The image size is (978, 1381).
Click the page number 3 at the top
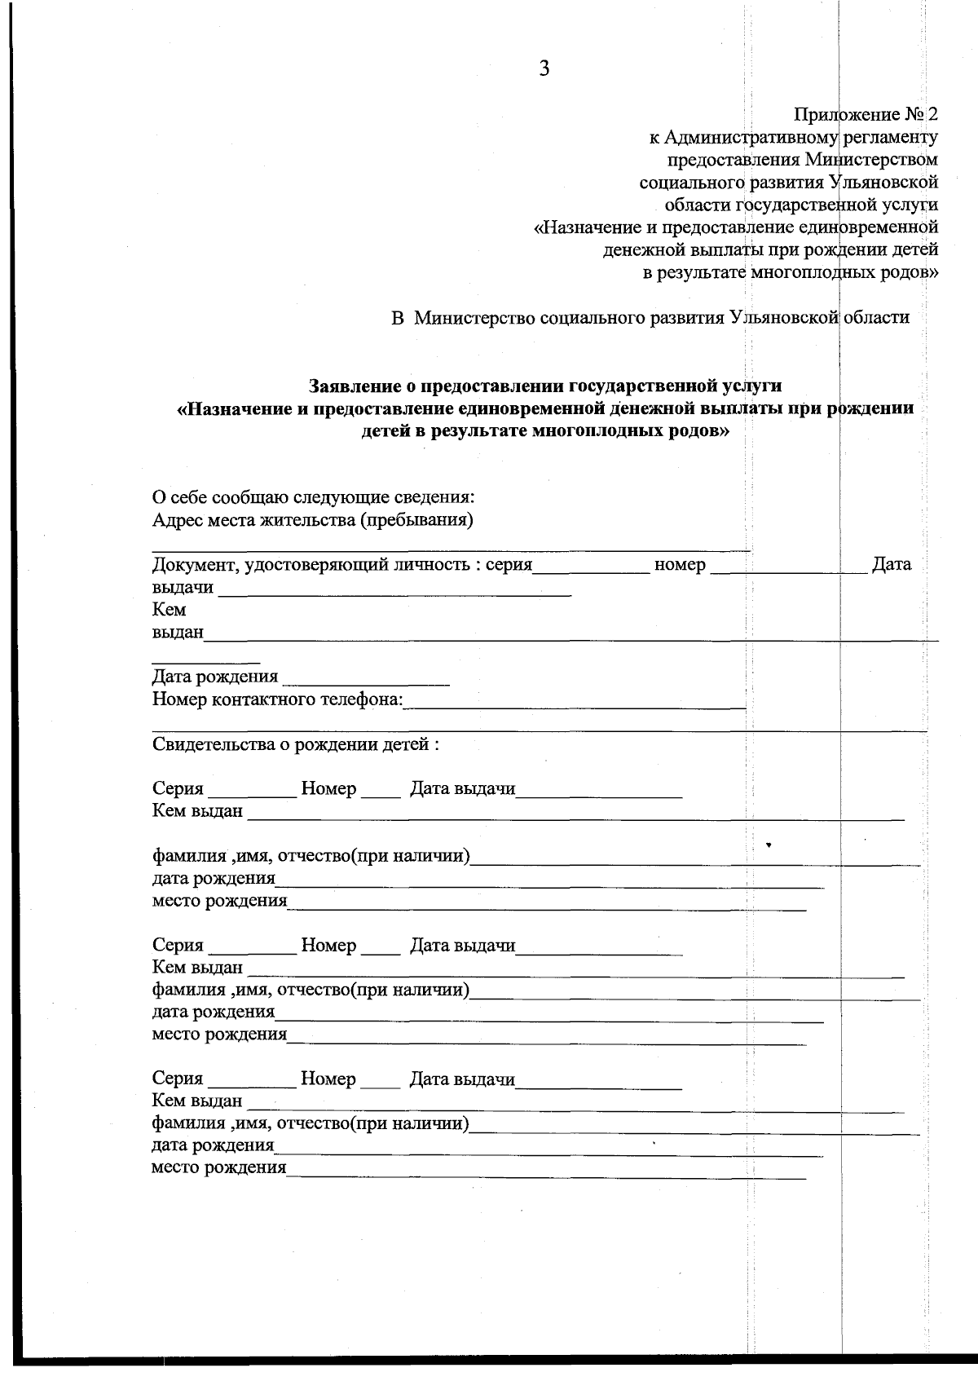pyautogui.click(x=544, y=69)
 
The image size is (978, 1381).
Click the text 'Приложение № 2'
pyautogui.click(x=865, y=114)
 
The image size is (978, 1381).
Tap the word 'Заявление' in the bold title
pyautogui.click(x=356, y=386)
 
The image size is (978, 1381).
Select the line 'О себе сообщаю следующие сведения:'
pyautogui.click(x=314, y=497)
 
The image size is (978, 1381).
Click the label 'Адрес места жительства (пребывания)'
pyautogui.click(x=313, y=520)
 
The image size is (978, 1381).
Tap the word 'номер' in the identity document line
pyautogui.click(x=680, y=564)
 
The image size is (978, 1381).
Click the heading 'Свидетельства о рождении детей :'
pyautogui.click(x=296, y=744)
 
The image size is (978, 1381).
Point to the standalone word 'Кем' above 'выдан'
pyautogui.click(x=169, y=610)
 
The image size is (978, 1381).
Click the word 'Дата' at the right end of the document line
pyautogui.click(x=892, y=564)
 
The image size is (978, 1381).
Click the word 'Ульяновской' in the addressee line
pyautogui.click(x=784, y=318)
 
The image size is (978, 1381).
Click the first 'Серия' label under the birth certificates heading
pyautogui.click(x=178, y=788)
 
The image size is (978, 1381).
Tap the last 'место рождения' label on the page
pyautogui.click(x=218, y=1168)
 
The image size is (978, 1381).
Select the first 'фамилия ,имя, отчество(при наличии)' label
pyautogui.click(x=311, y=856)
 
